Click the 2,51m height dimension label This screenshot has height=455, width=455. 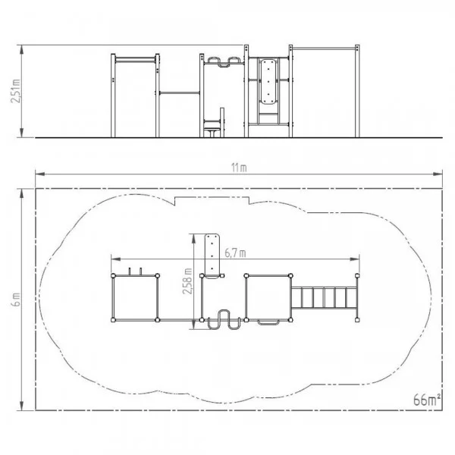[x=15, y=90]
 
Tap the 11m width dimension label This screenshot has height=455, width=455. [x=239, y=168]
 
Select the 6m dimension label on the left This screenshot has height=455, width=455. [x=16, y=300]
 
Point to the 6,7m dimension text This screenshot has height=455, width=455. [x=235, y=253]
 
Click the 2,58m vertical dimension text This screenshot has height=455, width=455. [x=187, y=281]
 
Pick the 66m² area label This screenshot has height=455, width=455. [x=427, y=400]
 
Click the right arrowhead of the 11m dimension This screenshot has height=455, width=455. [x=438, y=174]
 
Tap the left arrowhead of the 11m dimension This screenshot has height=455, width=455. [x=40, y=174]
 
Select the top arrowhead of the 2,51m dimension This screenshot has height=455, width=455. [x=21, y=50]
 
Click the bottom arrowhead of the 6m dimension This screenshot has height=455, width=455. [x=21, y=406]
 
